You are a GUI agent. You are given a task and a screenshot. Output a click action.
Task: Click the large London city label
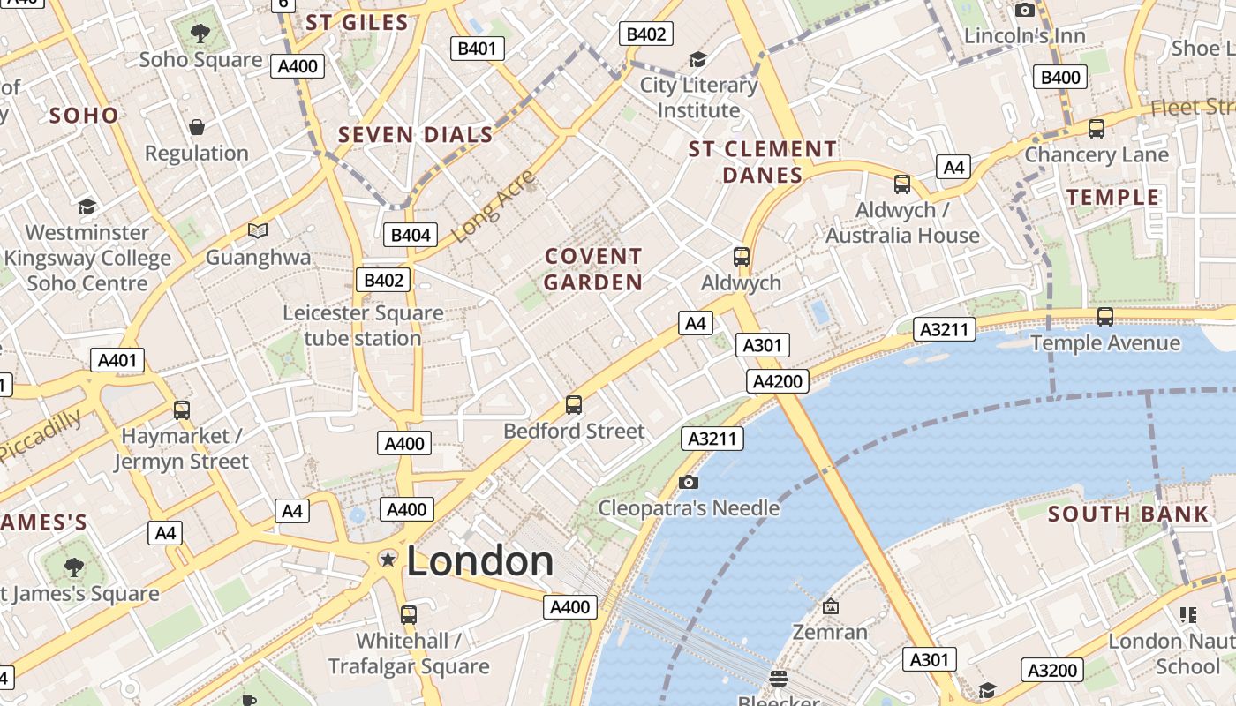click(x=479, y=561)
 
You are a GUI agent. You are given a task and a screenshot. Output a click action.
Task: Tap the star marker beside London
click(x=387, y=559)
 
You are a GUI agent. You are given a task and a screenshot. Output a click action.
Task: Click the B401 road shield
click(x=478, y=49)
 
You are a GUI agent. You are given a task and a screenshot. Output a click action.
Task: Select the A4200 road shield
click(x=778, y=381)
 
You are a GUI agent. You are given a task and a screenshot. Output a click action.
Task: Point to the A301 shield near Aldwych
click(x=762, y=345)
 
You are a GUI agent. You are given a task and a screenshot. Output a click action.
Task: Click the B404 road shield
click(x=411, y=235)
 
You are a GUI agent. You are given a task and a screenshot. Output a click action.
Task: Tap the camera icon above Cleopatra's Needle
click(x=689, y=482)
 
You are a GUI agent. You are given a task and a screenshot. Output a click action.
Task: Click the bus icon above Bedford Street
click(x=574, y=405)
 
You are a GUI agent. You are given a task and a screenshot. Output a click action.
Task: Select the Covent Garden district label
click(x=593, y=269)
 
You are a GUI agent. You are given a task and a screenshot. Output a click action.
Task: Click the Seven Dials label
click(x=416, y=135)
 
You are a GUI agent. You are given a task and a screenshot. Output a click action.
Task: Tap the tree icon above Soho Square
click(x=200, y=34)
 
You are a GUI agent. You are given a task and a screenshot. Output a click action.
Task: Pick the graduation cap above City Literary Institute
click(x=697, y=59)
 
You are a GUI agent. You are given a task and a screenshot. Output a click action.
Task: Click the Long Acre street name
click(x=494, y=207)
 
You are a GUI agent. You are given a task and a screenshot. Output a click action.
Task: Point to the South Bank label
click(x=1127, y=514)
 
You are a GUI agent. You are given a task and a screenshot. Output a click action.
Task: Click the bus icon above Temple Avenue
click(x=1104, y=316)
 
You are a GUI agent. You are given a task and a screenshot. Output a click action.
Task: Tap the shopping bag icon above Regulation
click(x=197, y=127)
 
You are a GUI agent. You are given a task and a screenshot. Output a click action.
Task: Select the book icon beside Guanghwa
click(x=257, y=230)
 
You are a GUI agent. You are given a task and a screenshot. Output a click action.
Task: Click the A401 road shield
click(x=117, y=360)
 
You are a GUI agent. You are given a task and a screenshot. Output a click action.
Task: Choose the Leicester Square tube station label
click(x=363, y=326)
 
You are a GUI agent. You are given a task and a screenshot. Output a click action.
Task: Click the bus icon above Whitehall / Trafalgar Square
click(x=408, y=614)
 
